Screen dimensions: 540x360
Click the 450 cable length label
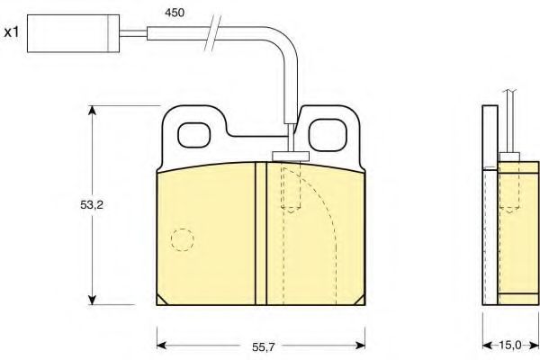[175, 13]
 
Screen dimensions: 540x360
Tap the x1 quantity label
[12, 32]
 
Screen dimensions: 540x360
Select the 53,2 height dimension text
[92, 205]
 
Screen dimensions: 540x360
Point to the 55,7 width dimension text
[264, 347]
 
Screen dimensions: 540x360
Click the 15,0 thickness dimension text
[510, 346]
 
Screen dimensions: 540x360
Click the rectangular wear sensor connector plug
[74, 33]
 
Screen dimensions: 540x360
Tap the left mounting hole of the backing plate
[193, 135]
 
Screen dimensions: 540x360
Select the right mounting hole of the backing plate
[327, 135]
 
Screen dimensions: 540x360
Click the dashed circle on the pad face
[183, 239]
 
